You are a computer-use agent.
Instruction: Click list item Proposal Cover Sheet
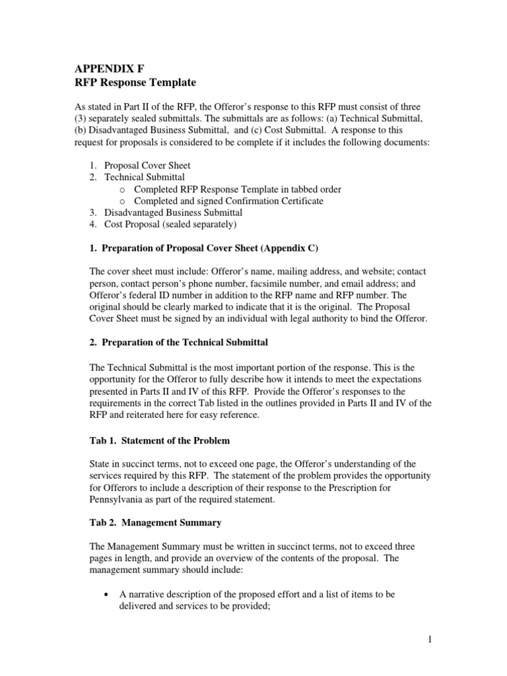point(149,165)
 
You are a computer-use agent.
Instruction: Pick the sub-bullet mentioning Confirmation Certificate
point(228,201)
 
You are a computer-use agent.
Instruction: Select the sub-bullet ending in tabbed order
point(237,189)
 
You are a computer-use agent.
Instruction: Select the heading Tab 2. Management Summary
point(154,522)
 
